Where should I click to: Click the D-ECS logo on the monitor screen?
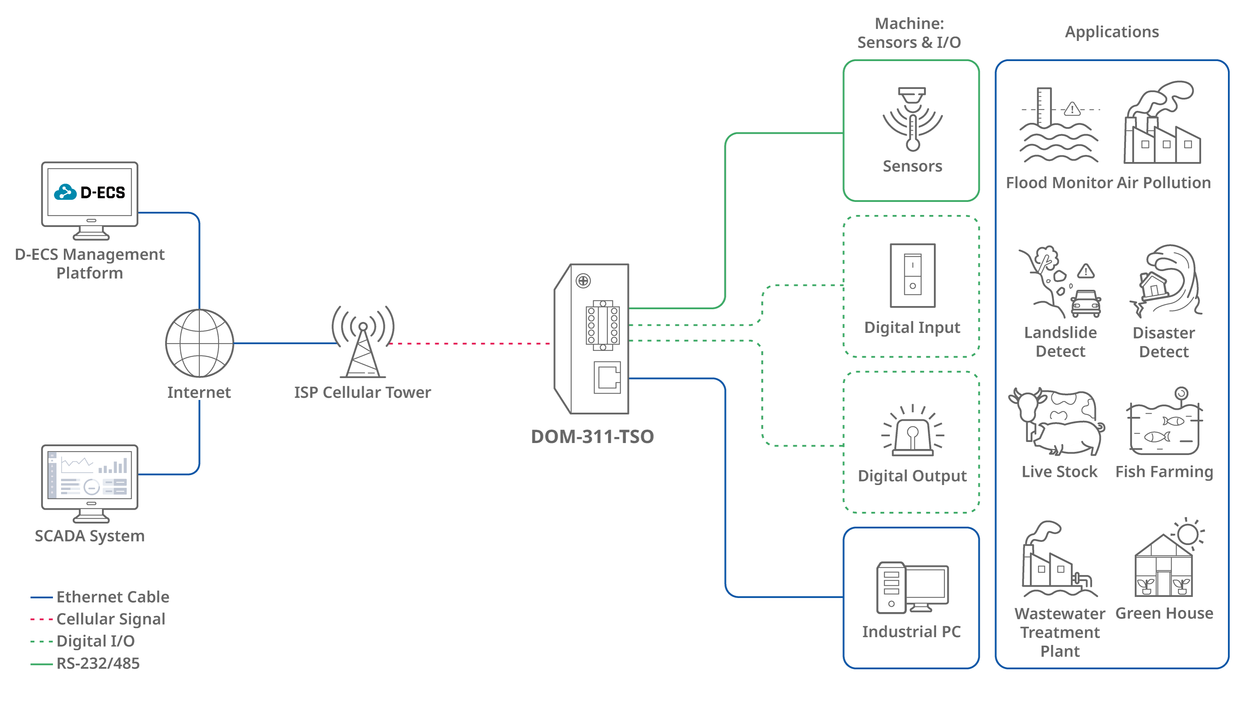(90, 192)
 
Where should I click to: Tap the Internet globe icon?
(199, 343)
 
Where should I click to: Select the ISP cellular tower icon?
(363, 343)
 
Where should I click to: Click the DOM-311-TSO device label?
(592, 436)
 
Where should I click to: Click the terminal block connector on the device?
(603, 325)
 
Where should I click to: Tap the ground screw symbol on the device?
(583, 281)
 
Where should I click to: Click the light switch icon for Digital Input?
(912, 275)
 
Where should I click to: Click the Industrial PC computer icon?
(912, 588)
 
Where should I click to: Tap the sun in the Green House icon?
(1188, 534)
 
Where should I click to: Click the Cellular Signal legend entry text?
(111, 619)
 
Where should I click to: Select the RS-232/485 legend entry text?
(98, 663)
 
